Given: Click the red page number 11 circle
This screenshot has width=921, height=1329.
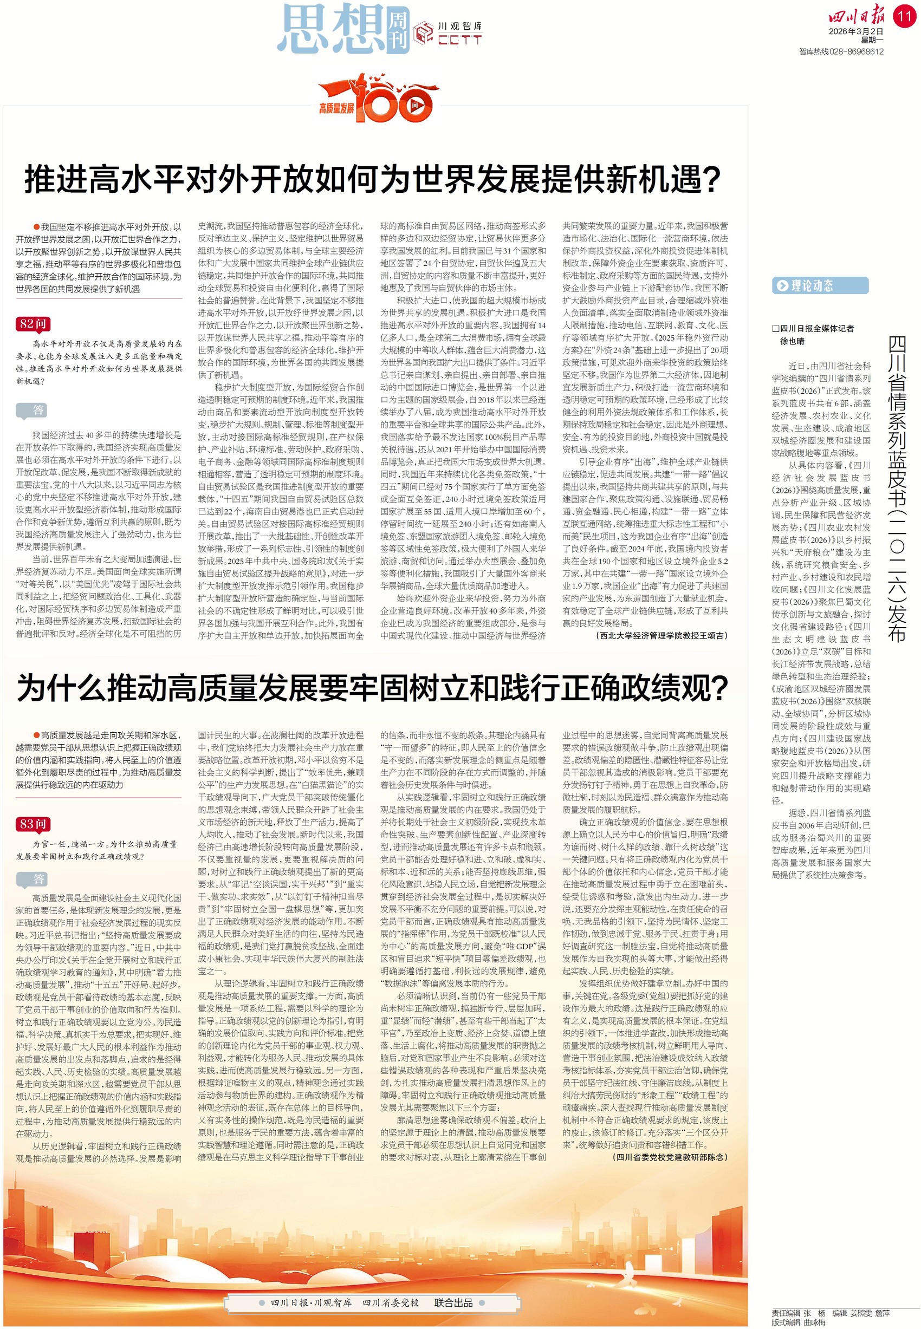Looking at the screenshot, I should [x=904, y=16].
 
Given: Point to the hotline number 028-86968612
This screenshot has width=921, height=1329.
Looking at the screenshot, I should [x=857, y=51].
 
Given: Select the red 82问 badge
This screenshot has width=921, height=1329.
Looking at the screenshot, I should [x=33, y=324].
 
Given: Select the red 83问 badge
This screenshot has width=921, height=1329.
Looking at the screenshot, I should [x=33, y=824].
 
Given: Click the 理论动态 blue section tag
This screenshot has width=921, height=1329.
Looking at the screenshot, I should [x=820, y=285].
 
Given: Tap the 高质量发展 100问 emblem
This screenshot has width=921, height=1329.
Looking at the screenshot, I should [x=375, y=100].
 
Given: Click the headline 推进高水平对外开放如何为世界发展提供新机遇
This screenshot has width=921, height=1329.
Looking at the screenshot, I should [x=372, y=179].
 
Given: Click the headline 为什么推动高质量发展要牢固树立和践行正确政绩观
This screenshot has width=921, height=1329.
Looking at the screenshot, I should [x=372, y=688].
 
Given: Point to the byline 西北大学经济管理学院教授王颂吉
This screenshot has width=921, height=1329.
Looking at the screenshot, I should [x=662, y=636].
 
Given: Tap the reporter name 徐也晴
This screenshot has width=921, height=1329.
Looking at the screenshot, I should [x=792, y=341].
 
